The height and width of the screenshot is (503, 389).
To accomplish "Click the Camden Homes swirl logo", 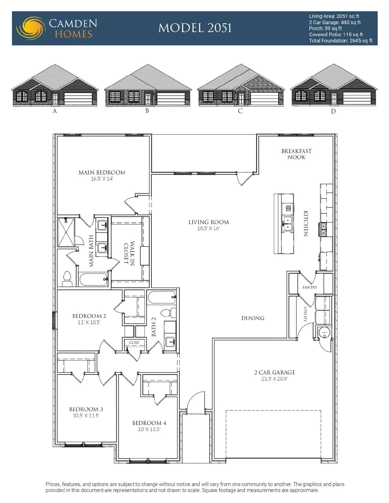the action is (31, 28).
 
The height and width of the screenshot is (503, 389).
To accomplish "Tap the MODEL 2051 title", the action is (195, 28).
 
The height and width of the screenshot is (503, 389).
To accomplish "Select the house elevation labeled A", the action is (55, 85).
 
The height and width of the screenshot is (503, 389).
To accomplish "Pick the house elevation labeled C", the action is (241, 85).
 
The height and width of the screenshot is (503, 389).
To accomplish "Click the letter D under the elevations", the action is (333, 111).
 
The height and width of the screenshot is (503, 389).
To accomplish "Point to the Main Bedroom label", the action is (102, 173).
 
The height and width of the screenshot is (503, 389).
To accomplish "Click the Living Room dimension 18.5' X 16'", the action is (209, 229).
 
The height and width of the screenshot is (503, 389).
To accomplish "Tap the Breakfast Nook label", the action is (296, 154).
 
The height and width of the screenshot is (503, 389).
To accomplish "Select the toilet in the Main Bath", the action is (67, 279).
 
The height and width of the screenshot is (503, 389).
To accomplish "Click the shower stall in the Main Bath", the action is (66, 232).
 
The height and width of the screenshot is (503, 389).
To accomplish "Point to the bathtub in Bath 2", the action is (162, 297).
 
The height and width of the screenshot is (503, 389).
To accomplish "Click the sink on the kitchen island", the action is (287, 224).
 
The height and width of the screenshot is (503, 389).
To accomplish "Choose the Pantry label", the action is (310, 287).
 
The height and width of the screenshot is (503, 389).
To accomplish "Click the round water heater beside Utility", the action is (324, 333).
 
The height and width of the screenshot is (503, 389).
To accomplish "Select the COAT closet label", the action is (134, 342).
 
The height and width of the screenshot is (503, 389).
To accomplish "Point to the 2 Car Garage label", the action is (274, 373).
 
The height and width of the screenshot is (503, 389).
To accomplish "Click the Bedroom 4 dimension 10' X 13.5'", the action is (149, 429).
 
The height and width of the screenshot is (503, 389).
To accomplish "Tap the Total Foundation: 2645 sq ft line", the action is (341, 41).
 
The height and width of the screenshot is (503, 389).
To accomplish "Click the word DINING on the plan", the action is (253, 318).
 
